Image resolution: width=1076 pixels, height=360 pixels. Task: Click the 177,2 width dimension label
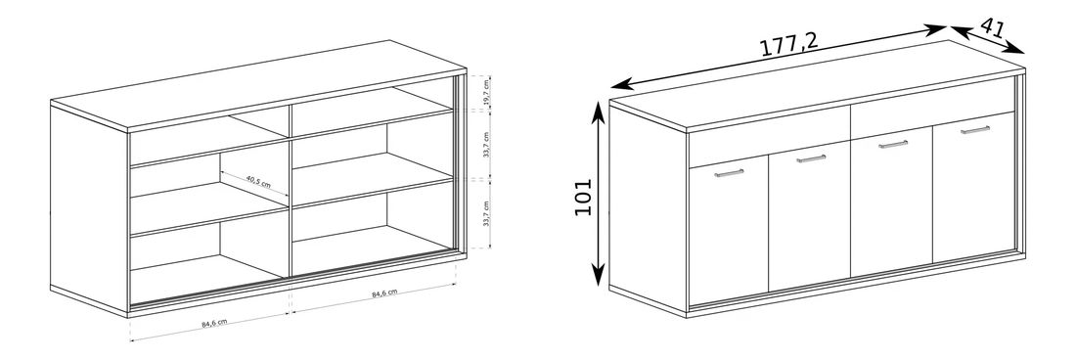788,45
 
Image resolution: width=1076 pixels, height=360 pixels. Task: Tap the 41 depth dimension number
992,28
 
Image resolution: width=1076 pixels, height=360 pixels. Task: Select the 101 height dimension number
583,197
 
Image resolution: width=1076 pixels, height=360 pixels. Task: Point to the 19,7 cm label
485,94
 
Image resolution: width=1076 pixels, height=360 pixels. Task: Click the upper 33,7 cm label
485,146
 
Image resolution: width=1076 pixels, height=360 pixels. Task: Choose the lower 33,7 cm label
486,214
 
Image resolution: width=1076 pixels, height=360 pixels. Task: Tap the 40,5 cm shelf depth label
258,182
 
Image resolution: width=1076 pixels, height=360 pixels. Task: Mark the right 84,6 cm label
385,293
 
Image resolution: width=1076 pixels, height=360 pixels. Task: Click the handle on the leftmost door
729,173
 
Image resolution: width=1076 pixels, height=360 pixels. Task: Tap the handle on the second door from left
811,158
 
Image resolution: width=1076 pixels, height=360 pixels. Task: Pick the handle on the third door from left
893,144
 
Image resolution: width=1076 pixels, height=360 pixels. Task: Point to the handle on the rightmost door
975,129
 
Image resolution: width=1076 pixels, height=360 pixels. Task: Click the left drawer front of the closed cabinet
769,136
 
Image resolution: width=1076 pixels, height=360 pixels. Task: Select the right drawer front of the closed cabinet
933,107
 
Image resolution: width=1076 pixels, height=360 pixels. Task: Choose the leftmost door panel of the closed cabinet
729,230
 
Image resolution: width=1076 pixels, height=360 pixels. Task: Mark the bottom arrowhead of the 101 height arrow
599,277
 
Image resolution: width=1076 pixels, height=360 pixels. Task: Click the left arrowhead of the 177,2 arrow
618,85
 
